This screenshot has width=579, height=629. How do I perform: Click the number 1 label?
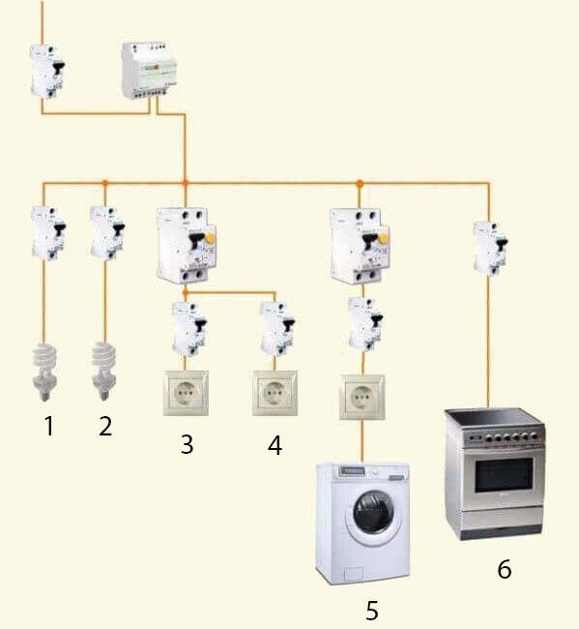click(x=49, y=426)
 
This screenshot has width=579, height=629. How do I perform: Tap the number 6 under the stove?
click(x=505, y=569)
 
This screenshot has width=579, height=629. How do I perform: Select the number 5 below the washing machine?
click(x=372, y=611)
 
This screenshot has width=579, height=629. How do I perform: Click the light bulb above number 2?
click(x=104, y=371)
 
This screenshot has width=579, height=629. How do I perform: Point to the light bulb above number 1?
click(x=44, y=372)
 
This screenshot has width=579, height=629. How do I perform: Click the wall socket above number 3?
click(x=186, y=393)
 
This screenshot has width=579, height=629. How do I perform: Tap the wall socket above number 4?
click(x=275, y=393)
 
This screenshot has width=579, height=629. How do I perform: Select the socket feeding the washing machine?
click(x=362, y=397)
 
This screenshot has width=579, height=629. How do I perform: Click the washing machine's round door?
click(x=373, y=513)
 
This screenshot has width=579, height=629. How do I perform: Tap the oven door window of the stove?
click(x=504, y=475)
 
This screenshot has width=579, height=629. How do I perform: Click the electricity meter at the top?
click(x=149, y=71)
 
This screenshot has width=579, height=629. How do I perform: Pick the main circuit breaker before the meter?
click(x=47, y=72)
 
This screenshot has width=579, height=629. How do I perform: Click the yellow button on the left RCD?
click(x=210, y=239)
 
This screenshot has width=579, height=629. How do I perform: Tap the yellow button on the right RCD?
click(x=384, y=239)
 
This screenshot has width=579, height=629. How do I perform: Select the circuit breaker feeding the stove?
click(x=490, y=249)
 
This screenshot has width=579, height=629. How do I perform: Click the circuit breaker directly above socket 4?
click(x=277, y=329)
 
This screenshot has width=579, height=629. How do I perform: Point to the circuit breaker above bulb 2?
click(x=107, y=233)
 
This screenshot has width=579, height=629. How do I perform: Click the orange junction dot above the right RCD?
click(x=360, y=184)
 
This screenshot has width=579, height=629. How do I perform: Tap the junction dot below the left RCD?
click(x=186, y=293)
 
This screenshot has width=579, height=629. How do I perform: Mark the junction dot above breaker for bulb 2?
click(x=105, y=183)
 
